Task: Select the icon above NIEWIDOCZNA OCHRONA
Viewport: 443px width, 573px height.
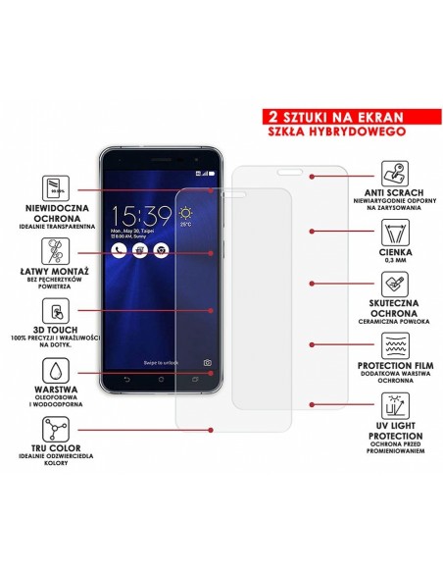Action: coord(56,187)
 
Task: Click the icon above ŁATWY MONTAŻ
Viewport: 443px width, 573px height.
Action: coord(56,249)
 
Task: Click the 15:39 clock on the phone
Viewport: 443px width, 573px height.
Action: coord(140,217)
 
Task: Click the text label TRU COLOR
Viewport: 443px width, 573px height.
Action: coord(56,454)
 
